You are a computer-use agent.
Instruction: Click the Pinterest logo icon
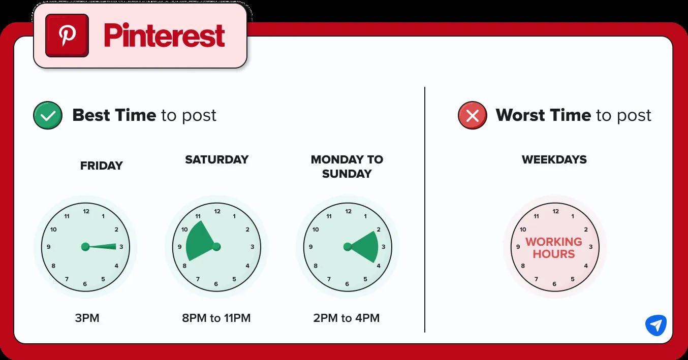pos(67,36)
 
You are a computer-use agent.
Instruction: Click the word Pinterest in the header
pos(164,36)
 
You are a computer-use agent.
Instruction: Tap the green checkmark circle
pos(48,115)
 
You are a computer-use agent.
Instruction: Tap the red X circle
pos(473,115)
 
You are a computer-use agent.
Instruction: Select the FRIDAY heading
pos(101,166)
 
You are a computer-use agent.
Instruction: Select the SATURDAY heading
pos(216,159)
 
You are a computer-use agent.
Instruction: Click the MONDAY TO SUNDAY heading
pos(347,167)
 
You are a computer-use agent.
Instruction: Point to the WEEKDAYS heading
pos(554,159)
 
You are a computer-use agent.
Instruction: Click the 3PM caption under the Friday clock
pos(87,318)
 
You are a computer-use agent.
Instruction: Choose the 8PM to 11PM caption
pos(216,318)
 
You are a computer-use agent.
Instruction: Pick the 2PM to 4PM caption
pos(347,318)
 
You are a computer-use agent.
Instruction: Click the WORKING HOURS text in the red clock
pos(554,248)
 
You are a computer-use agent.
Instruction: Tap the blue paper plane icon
pos(656,325)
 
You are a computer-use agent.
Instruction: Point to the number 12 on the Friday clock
pos(86,211)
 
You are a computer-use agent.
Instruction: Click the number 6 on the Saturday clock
pos(216,284)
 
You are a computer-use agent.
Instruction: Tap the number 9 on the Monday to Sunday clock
pos(311,247)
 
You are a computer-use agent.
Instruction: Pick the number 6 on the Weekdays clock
pos(554,284)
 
